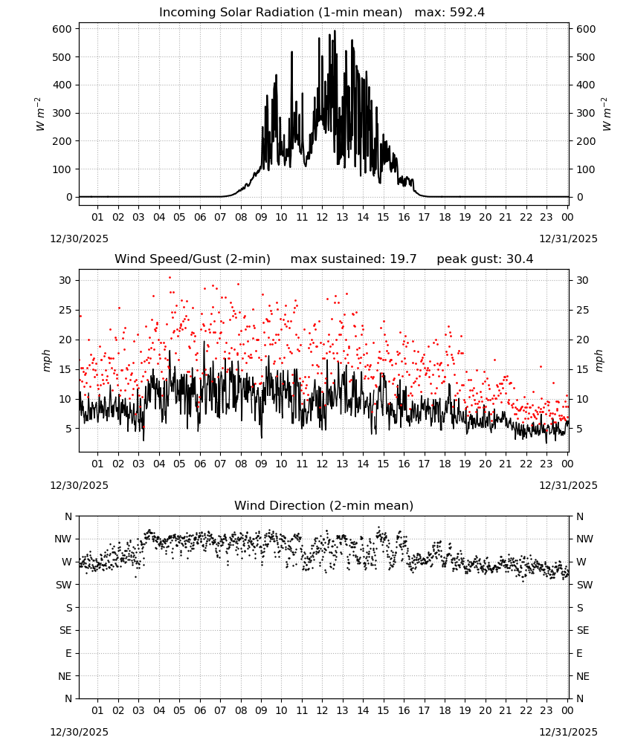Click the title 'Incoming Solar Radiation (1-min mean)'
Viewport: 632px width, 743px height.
(x=280, y=13)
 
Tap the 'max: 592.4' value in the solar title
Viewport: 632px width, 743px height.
(x=450, y=13)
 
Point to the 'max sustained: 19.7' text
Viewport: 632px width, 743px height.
(x=353, y=259)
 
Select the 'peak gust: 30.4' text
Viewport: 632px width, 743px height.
(x=485, y=259)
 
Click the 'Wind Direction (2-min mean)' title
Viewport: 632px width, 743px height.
(x=324, y=505)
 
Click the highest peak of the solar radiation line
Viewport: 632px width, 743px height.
(x=335, y=30)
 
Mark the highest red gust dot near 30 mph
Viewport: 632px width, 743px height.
(x=170, y=278)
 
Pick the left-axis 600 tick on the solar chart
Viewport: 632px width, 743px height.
(x=62, y=29)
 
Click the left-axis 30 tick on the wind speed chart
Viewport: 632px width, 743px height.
(x=65, y=281)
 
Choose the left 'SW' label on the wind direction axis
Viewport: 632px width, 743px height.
(x=63, y=585)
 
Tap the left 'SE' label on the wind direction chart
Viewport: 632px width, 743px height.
(x=65, y=630)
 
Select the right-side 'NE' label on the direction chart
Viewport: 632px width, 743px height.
(x=583, y=676)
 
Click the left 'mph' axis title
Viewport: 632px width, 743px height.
(x=46, y=360)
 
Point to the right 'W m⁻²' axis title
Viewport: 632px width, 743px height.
(x=607, y=114)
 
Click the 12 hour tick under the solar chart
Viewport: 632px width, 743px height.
(x=322, y=217)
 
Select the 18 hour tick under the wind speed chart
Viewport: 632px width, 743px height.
(x=445, y=464)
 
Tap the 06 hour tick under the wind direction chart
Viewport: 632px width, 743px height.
(x=200, y=710)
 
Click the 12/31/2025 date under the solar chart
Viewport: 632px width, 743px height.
(x=569, y=239)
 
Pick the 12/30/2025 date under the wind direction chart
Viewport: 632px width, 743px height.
(x=79, y=732)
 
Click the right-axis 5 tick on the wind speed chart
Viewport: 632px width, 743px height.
(x=579, y=429)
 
